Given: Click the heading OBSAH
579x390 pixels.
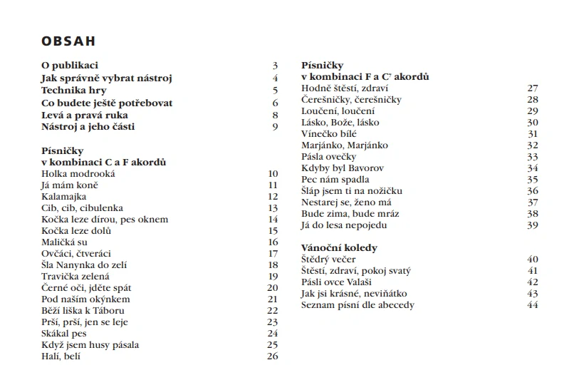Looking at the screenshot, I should (68, 41).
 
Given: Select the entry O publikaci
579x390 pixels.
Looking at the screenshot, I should (70, 66).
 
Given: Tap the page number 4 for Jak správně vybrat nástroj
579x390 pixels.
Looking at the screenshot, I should (274, 78).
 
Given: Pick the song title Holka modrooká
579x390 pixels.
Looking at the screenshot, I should (78, 173).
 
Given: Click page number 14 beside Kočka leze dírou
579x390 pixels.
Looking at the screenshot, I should (272, 219).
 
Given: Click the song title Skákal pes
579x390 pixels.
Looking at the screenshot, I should (64, 333).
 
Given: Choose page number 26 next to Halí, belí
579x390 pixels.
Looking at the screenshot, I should (272, 356).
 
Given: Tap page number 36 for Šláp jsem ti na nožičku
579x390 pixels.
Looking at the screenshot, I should (533, 190).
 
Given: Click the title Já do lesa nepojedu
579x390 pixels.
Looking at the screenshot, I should (345, 225).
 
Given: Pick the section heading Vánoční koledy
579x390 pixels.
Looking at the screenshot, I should (339, 247).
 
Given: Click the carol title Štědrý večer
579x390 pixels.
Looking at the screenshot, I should (330, 259).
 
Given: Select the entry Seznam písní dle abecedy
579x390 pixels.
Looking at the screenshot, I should (358, 304).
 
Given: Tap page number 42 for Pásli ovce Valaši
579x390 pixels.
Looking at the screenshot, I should (533, 282).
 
